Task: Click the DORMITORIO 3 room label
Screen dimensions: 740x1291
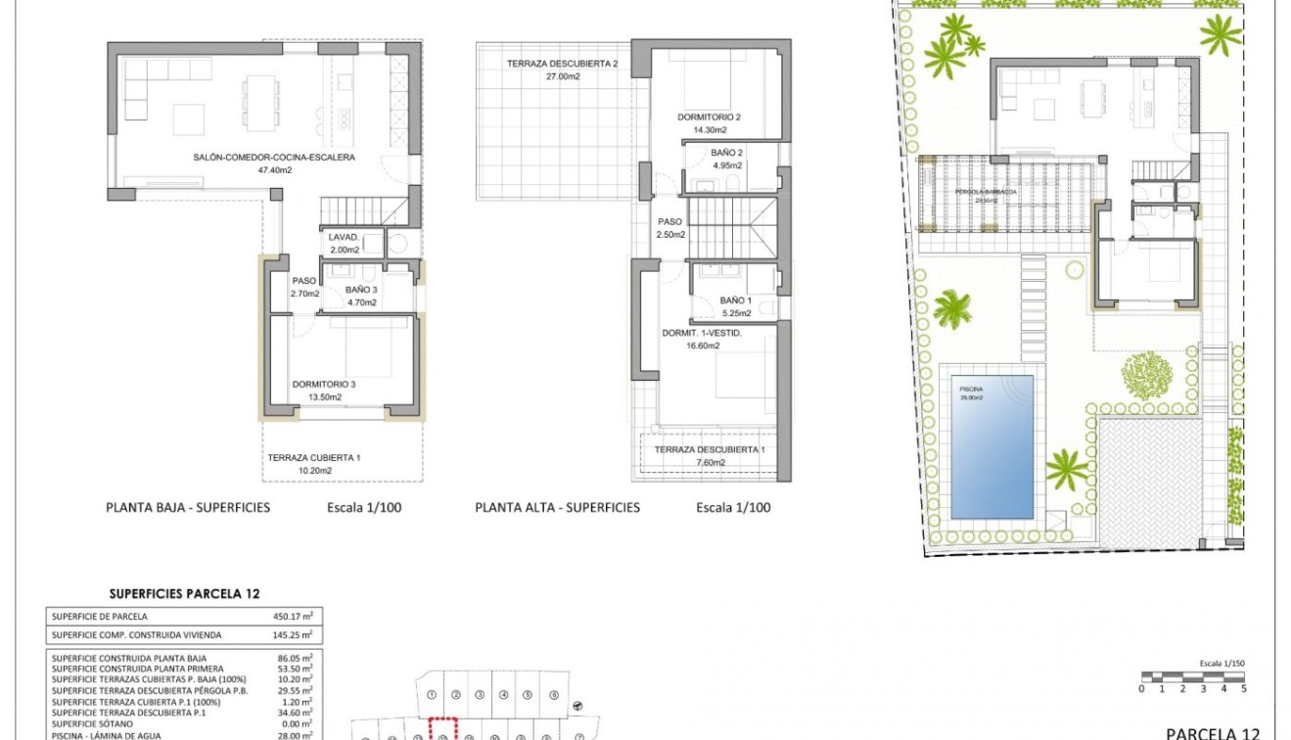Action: pyautogui.click(x=323, y=385)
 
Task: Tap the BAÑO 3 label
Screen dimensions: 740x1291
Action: pyautogui.click(x=361, y=290)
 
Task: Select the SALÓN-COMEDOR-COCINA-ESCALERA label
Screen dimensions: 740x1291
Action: pyautogui.click(x=274, y=157)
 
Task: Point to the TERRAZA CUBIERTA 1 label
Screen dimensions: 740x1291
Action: pyautogui.click(x=314, y=457)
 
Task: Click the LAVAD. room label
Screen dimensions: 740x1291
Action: pyautogui.click(x=344, y=237)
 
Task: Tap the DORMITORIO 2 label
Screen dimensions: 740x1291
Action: pyautogui.click(x=709, y=117)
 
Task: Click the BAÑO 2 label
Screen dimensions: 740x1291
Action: pyautogui.click(x=727, y=153)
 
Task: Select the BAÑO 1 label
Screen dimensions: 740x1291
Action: pyautogui.click(x=735, y=301)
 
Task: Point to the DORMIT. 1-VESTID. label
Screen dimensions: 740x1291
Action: pyautogui.click(x=702, y=333)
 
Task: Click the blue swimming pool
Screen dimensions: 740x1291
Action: pyautogui.click(x=992, y=446)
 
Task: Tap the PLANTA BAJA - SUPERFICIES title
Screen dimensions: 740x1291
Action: pyautogui.click(x=188, y=507)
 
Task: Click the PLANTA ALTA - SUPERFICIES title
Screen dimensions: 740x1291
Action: pyautogui.click(x=557, y=507)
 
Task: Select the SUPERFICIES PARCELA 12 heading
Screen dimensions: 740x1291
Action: pyautogui.click(x=185, y=593)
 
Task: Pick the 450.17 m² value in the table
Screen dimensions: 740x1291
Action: pyautogui.click(x=293, y=617)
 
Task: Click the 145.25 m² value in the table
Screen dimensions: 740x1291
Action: pyautogui.click(x=293, y=635)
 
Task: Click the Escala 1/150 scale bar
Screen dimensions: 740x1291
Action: pyautogui.click(x=1192, y=676)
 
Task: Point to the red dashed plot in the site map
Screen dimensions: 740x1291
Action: pyautogui.click(x=443, y=730)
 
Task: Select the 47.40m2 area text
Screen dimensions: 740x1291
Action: pyautogui.click(x=274, y=169)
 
